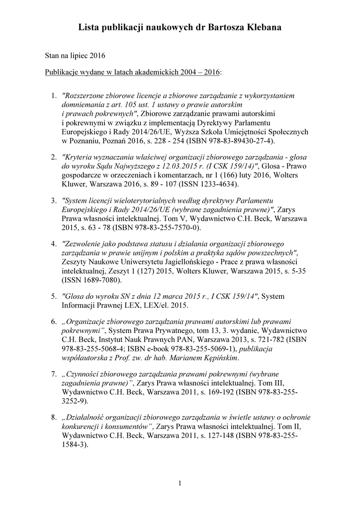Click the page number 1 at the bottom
tap(180, 483)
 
